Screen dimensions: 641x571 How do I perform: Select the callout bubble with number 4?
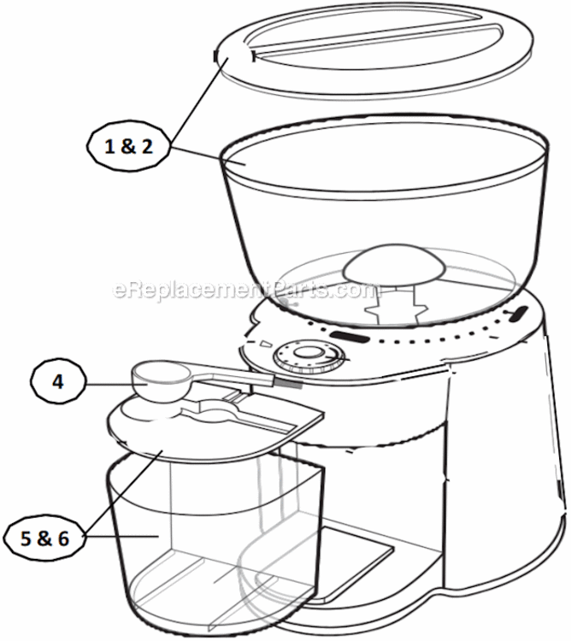tap(58, 383)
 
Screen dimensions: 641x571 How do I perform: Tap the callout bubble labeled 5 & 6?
tap(46, 538)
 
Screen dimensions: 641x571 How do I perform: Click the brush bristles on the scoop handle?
tap(288, 385)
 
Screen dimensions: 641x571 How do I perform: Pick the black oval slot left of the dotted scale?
tap(350, 338)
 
